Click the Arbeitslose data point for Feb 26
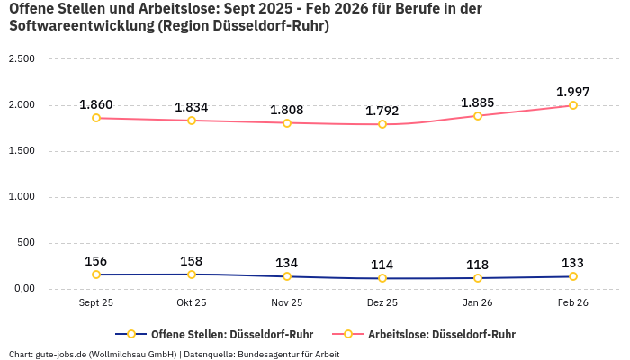pyautogui.click(x=572, y=105)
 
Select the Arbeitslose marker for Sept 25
pyautogui.click(x=96, y=118)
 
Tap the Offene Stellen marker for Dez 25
pyautogui.click(x=382, y=278)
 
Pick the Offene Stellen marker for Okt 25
pyautogui.click(x=192, y=274)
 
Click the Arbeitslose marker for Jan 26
pyautogui.click(x=478, y=116)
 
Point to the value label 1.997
pyautogui.click(x=572, y=92)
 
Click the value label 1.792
pyautogui.click(x=382, y=112)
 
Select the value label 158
pyautogui.click(x=192, y=261)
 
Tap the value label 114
pyautogui.click(x=382, y=265)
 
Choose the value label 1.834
pyautogui.click(x=192, y=107)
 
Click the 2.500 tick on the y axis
pyautogui.click(x=21, y=59)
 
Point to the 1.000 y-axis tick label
pyautogui.click(x=21, y=197)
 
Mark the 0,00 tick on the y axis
pyautogui.click(x=22, y=289)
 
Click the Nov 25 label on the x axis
pyautogui.click(x=287, y=303)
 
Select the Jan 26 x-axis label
pyautogui.click(x=478, y=303)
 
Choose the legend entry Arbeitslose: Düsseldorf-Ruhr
pyautogui.click(x=441, y=334)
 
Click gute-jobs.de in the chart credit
pyautogui.click(x=60, y=354)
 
